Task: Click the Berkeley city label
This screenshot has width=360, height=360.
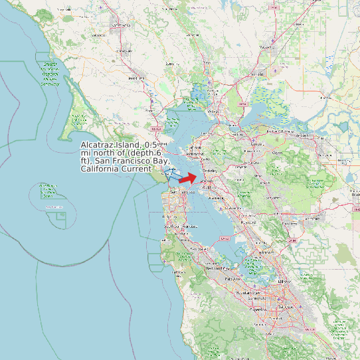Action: pyautogui.click(x=209, y=171)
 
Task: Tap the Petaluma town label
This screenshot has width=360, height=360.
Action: pyautogui.click(x=136, y=78)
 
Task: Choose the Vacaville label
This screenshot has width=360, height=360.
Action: pyautogui.click(x=267, y=47)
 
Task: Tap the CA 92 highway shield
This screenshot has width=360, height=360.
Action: pyautogui.click(x=224, y=238)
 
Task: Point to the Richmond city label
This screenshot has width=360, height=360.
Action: pyautogui.click(x=196, y=154)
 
